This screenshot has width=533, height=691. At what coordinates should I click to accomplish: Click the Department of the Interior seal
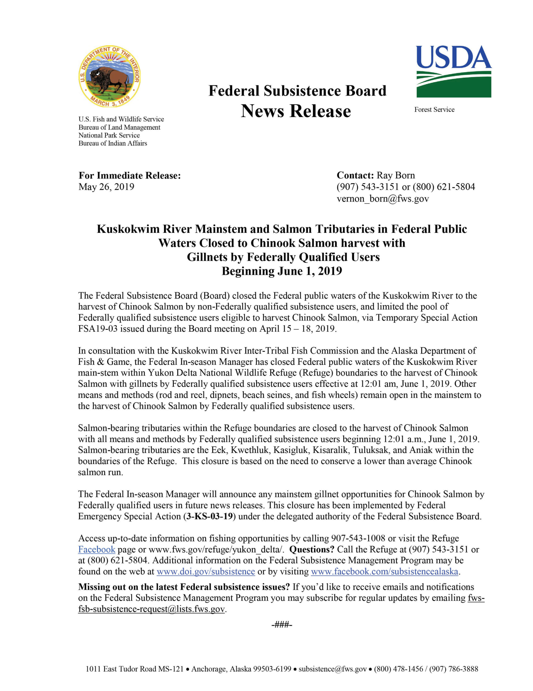click(109, 76)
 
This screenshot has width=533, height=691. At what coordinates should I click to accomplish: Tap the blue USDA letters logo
click(454, 57)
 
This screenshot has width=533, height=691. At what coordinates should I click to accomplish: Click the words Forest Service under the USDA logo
click(434, 110)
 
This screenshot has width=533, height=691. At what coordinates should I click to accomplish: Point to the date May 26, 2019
click(106, 187)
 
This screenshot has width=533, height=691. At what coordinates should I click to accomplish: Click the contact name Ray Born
click(396, 175)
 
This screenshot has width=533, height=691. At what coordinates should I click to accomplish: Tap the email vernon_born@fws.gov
click(383, 198)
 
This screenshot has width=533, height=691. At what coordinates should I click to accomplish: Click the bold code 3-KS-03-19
click(209, 516)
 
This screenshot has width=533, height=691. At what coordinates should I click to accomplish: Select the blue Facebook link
click(96, 549)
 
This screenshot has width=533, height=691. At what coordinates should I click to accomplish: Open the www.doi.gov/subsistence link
click(206, 571)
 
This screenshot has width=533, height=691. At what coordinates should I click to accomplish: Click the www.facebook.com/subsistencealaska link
click(385, 571)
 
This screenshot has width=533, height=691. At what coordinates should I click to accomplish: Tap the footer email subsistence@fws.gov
click(332, 669)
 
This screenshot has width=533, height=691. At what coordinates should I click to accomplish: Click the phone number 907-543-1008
click(358, 538)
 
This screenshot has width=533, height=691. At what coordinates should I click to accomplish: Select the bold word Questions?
click(312, 549)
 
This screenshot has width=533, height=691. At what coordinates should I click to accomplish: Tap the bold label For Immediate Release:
click(130, 175)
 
